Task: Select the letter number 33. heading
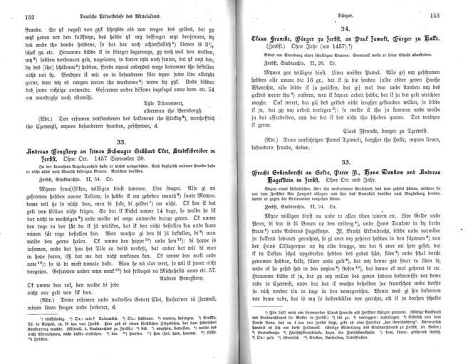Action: [120, 142]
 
